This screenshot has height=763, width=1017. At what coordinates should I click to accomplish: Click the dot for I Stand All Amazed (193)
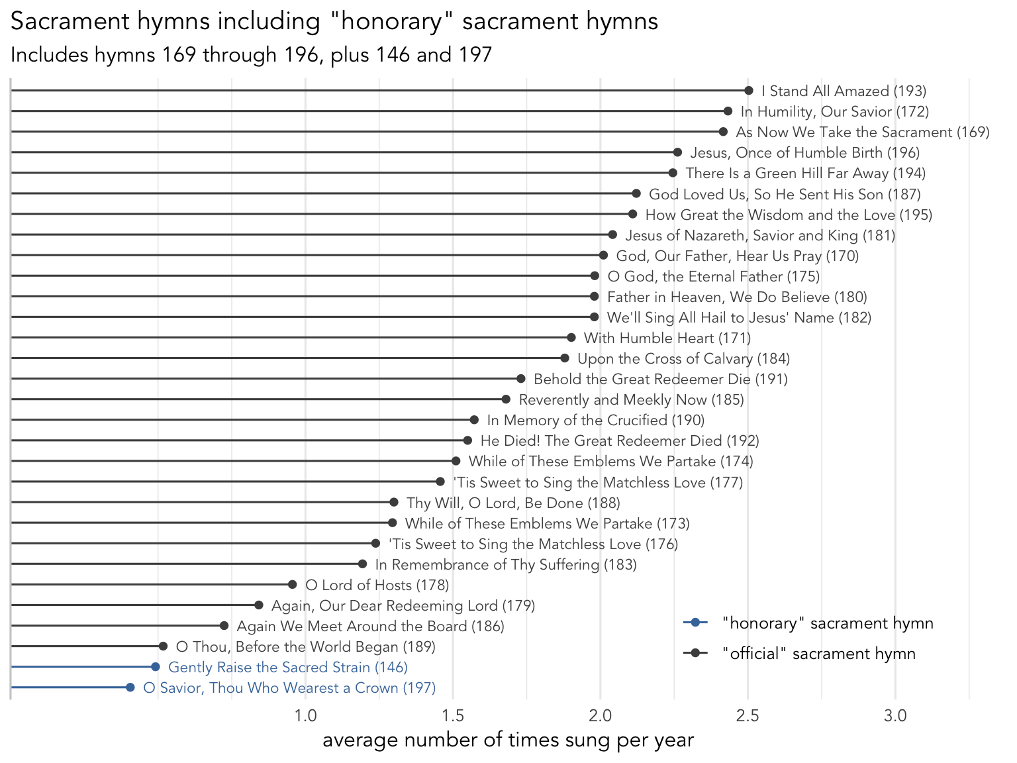(x=748, y=91)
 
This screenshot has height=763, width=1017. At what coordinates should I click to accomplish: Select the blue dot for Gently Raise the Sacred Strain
(x=155, y=667)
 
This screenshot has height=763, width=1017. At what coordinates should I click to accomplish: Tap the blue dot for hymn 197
(x=130, y=687)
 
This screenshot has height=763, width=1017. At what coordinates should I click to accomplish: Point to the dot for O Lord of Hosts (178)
(x=292, y=584)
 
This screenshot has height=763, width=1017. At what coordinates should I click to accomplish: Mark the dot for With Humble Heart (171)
(x=571, y=338)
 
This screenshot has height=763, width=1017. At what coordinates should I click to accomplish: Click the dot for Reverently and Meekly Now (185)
(x=506, y=399)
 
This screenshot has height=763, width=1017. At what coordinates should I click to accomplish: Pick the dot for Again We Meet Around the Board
(x=224, y=626)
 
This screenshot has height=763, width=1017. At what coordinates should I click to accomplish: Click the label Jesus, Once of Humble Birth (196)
(x=804, y=153)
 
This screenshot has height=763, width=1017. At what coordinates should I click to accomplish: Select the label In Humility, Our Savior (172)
(x=834, y=112)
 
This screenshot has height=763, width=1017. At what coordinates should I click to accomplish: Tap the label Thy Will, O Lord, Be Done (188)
(x=513, y=503)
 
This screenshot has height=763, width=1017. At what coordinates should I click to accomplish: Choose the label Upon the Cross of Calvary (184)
(x=683, y=359)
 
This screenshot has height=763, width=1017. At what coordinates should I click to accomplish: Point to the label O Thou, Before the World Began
(x=305, y=647)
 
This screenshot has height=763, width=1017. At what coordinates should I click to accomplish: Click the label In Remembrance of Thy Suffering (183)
(x=506, y=565)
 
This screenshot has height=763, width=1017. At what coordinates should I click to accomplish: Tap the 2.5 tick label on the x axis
(x=748, y=716)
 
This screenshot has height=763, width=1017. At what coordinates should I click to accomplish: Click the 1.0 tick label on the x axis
(x=305, y=716)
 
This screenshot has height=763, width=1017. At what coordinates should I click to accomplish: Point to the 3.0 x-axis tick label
(x=895, y=716)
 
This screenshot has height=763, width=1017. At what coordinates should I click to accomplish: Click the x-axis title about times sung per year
(x=508, y=740)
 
